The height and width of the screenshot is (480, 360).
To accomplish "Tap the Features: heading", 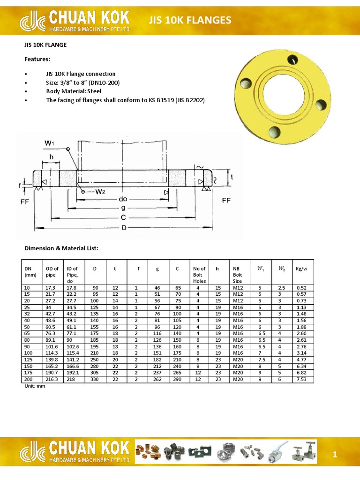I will (37, 59).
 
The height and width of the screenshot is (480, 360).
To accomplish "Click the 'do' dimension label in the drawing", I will (123, 199).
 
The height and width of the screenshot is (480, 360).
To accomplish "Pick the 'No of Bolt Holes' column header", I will (199, 275).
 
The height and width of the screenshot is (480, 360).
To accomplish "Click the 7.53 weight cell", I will (301, 379).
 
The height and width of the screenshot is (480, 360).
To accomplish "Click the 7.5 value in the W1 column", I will (261, 360).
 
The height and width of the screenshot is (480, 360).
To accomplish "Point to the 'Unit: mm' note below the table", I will (34, 386).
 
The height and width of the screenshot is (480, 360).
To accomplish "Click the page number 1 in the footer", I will (335, 454).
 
